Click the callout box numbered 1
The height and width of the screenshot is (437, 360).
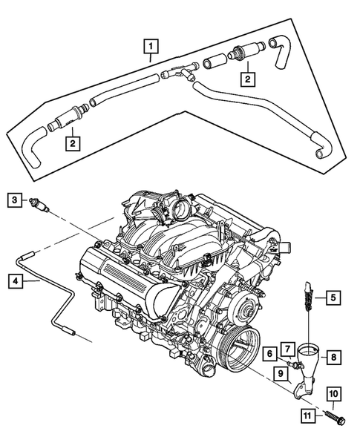[151, 50]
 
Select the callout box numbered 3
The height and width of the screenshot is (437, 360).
[14, 199]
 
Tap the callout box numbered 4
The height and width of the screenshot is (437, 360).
[14, 280]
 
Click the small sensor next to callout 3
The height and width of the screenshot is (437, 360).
[39, 202]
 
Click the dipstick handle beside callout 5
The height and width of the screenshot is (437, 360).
[305, 297]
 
